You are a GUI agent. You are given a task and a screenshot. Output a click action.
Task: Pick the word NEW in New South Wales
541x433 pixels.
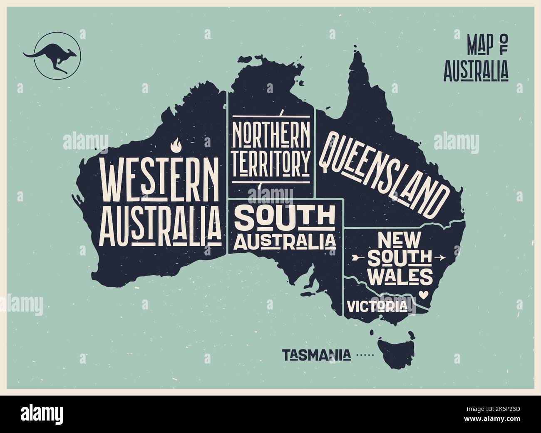[x=400, y=240]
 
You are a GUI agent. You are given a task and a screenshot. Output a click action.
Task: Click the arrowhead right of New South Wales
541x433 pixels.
[x=440, y=257]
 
